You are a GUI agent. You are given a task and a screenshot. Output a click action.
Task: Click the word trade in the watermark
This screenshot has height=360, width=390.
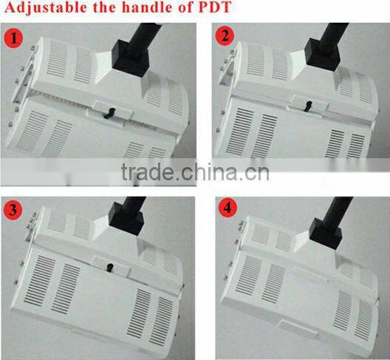click(x=148, y=174)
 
